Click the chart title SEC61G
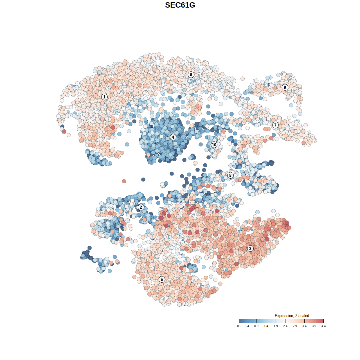coord(180,5)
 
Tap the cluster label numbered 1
coord(104,97)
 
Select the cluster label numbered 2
coord(141,207)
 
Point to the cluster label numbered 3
coord(250,248)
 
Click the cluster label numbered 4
coord(173,137)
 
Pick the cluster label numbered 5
coord(162,279)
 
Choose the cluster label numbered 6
coord(191,75)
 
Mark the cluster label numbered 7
coord(275,125)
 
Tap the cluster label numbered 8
coord(230,175)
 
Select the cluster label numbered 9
coord(285,87)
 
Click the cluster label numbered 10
coord(214,145)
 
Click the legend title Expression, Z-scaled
coord(292,316)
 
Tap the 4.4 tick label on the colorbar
coord(323,326)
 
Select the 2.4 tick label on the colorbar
coord(285,326)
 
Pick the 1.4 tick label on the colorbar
coord(266,326)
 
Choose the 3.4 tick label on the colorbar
coord(304,326)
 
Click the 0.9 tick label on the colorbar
coord(256,326)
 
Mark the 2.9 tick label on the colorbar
coord(295,326)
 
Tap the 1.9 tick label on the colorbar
coord(276,326)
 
